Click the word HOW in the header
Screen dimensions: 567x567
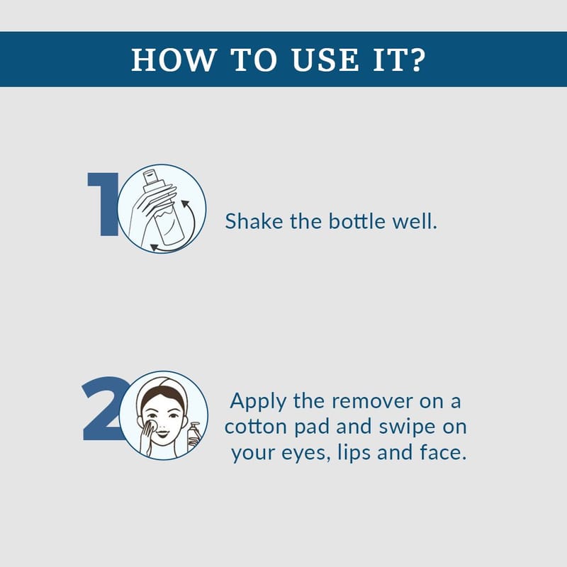[x=174, y=60]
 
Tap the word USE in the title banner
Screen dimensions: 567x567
[x=325, y=60]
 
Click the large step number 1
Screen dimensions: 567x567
[x=103, y=204]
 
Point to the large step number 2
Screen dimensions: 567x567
[x=106, y=409]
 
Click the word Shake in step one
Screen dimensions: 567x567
[x=254, y=221]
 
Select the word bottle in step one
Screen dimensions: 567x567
[x=357, y=221]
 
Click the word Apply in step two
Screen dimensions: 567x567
[x=258, y=402]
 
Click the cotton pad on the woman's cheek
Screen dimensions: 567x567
[x=152, y=425]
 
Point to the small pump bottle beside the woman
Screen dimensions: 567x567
[x=193, y=436]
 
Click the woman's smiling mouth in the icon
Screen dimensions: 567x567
[x=163, y=433]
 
